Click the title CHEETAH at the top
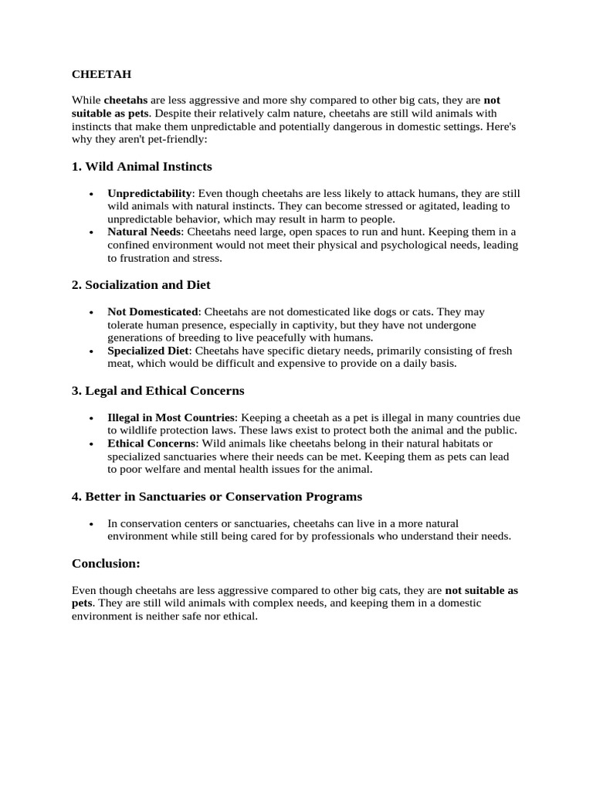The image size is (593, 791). click(x=102, y=75)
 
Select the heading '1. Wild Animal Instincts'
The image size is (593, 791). click(x=141, y=166)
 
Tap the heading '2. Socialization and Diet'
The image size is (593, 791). click(x=141, y=284)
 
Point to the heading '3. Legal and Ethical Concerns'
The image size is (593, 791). click(x=158, y=390)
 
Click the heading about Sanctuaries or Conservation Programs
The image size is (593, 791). click(x=217, y=496)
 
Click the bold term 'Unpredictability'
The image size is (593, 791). click(x=149, y=192)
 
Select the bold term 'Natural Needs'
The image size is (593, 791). click(x=144, y=231)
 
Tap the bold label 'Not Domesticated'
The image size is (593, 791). click(x=153, y=311)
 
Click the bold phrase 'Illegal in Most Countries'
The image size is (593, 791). click(x=171, y=417)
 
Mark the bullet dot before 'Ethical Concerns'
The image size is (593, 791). click(x=91, y=444)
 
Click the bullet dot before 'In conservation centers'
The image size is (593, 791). click(x=91, y=523)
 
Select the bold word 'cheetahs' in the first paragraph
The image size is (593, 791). click(x=126, y=100)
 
